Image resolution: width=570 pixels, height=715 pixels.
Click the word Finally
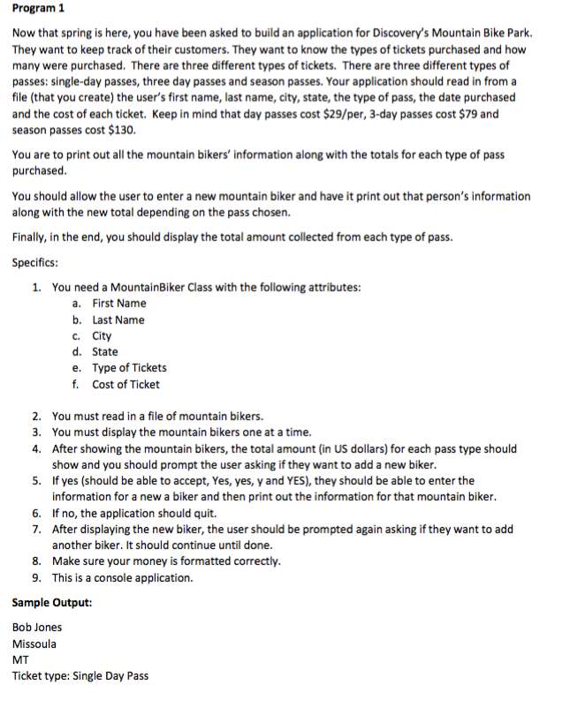click(32, 237)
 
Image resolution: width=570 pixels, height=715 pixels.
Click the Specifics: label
click(35, 261)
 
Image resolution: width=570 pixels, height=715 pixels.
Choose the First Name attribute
click(119, 304)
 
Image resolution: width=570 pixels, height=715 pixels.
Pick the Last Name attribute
click(118, 320)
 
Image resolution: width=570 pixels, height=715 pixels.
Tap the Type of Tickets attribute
click(129, 368)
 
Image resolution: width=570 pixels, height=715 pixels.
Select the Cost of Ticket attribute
click(125, 384)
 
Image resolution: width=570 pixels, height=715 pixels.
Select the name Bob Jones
click(37, 628)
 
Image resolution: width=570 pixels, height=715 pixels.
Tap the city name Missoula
click(34, 643)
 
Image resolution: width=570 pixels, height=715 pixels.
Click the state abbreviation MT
click(20, 659)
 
